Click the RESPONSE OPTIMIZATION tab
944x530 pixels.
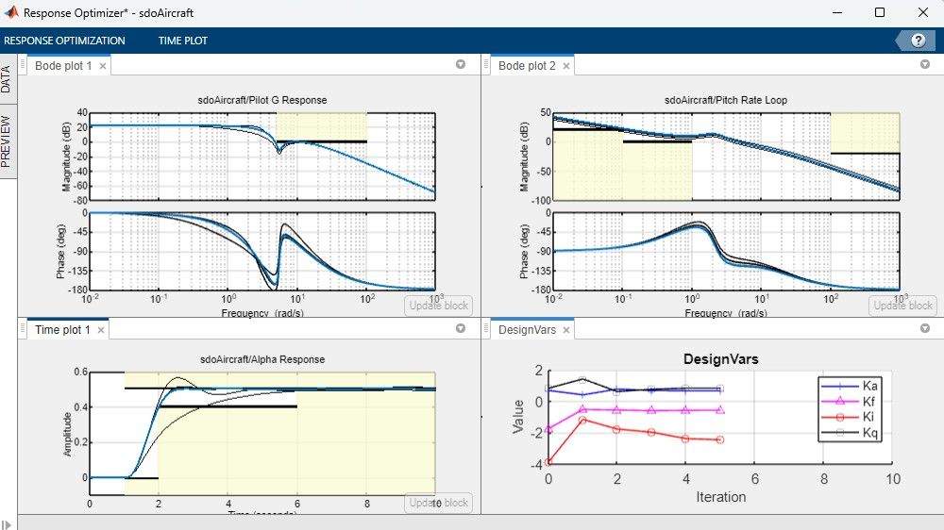pos(64,41)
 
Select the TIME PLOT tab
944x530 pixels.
pos(183,41)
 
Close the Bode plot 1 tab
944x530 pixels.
pos(103,66)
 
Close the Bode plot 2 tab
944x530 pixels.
pos(566,66)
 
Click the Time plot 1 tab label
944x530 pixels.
pos(62,330)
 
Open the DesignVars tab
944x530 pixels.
pos(521,330)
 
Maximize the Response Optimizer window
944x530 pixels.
pos(880,13)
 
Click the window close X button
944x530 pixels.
pos(922,13)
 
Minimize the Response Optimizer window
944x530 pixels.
pos(836,13)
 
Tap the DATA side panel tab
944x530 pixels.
pos(8,79)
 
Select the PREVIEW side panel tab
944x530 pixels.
pos(8,142)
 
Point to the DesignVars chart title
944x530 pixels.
pos(720,359)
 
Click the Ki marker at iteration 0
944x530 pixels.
pos(548,462)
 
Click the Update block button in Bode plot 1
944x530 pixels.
pos(438,305)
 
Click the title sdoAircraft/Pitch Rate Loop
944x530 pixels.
pos(725,100)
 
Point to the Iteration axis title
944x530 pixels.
pos(720,497)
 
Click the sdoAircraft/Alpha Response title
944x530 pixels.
pos(261,359)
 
